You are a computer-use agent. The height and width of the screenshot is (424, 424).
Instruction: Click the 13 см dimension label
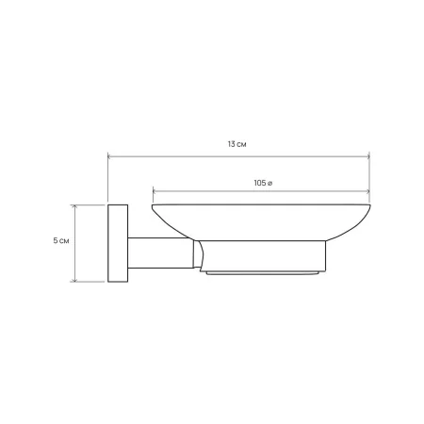(x=236, y=144)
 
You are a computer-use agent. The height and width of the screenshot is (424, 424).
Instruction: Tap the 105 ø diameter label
(x=263, y=183)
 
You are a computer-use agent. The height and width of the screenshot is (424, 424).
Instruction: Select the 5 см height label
(x=61, y=241)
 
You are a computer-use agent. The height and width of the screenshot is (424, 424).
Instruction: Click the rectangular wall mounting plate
(x=118, y=243)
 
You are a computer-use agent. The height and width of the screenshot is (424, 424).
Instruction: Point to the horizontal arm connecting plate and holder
(x=160, y=253)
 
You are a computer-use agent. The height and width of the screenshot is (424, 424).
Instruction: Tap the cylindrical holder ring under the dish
(x=263, y=255)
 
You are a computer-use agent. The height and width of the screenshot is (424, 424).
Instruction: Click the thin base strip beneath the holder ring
(x=262, y=273)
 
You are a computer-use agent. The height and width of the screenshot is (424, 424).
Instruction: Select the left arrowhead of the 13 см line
(x=109, y=156)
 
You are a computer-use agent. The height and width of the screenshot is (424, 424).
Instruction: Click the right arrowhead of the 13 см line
(x=368, y=156)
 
